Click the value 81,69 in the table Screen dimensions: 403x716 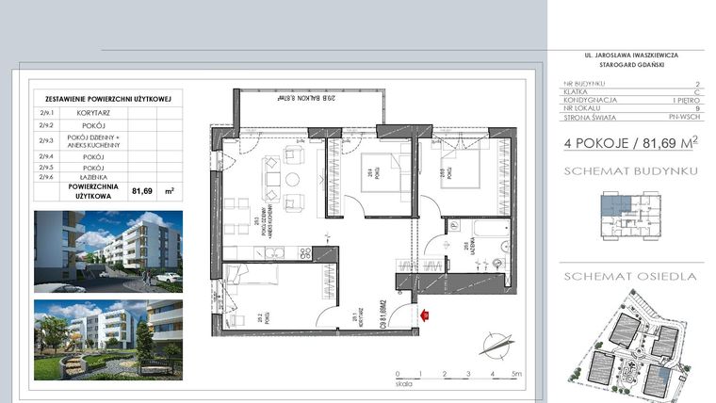pyautogui.click(x=142, y=189)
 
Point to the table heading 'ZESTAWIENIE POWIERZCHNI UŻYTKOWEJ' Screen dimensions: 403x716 pyautogui.click(x=106, y=98)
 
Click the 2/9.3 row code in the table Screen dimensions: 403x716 pyautogui.click(x=45, y=140)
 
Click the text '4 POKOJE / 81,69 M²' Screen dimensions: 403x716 pyautogui.click(x=630, y=143)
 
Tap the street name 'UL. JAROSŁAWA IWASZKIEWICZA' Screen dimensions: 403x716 pyautogui.click(x=638, y=56)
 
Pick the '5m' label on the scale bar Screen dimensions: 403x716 pyautogui.click(x=515, y=374)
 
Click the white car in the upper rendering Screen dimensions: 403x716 pyautogui.click(x=168, y=278)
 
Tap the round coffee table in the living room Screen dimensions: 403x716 pyautogui.click(x=292, y=179)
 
